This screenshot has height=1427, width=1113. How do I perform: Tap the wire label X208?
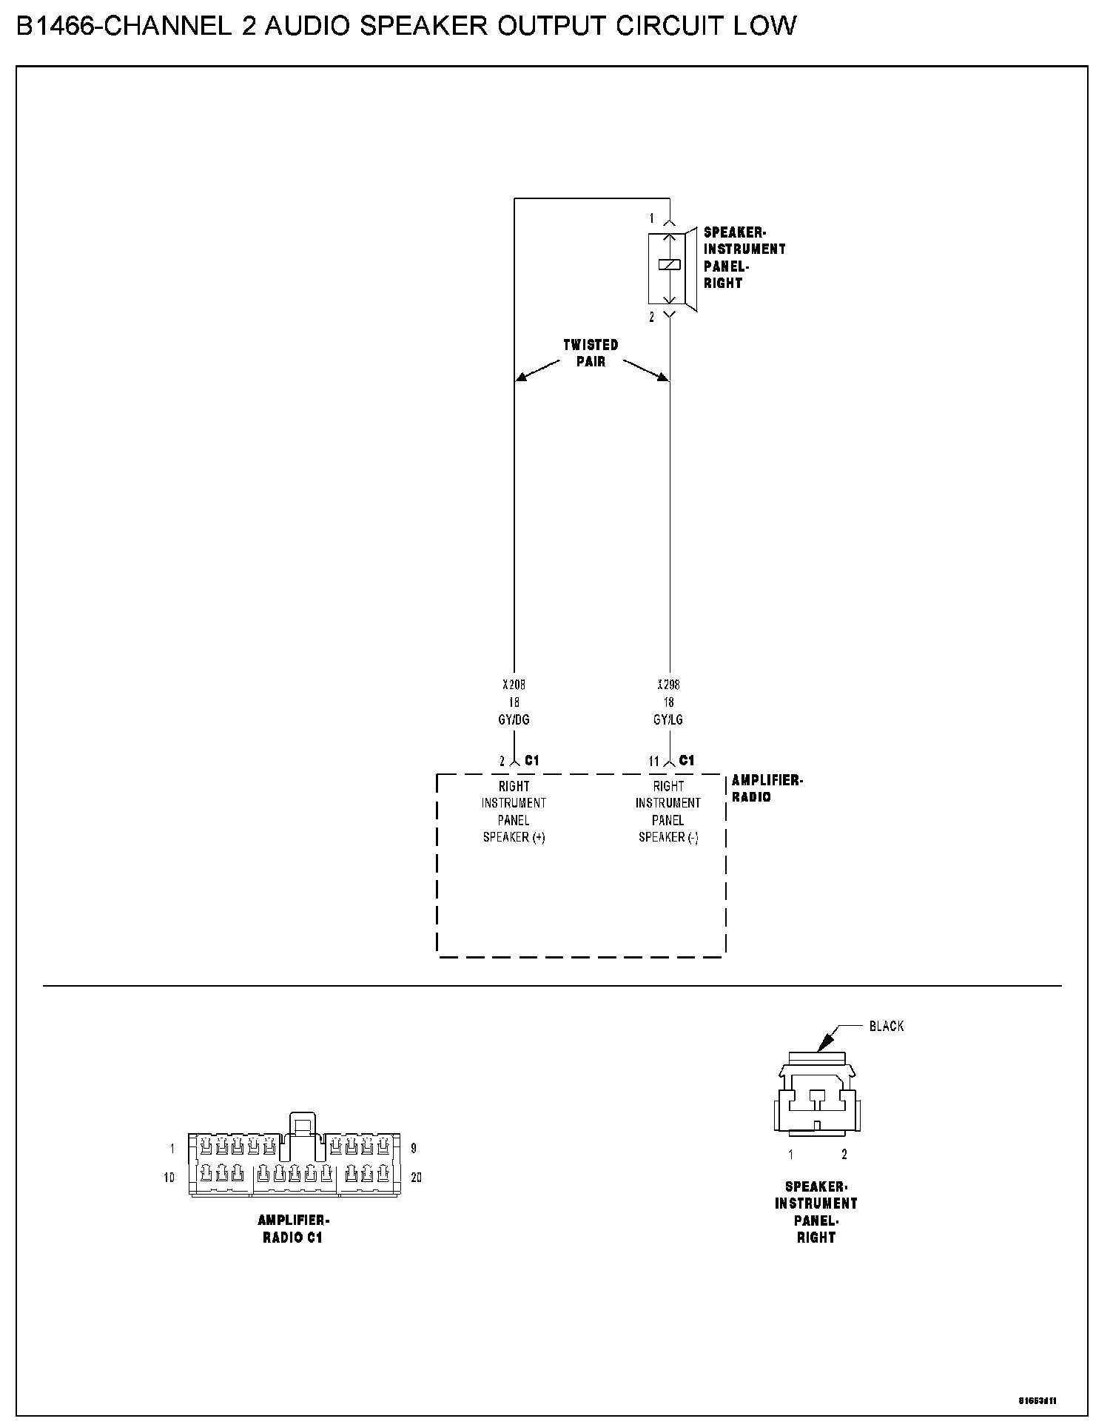(514, 685)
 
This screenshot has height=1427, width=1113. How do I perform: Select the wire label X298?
(668, 685)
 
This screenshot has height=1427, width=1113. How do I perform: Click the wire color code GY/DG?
(514, 719)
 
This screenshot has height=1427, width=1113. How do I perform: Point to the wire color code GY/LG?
(668, 719)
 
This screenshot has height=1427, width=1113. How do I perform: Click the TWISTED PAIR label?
(591, 353)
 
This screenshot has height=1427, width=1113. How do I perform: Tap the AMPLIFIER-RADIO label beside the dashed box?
(767, 788)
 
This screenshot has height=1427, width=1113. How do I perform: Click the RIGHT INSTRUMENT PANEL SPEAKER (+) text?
(514, 811)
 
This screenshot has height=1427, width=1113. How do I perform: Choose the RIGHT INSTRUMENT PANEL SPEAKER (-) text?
(668, 811)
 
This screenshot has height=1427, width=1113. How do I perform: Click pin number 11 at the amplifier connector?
(654, 761)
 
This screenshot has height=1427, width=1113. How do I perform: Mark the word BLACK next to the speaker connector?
(886, 1027)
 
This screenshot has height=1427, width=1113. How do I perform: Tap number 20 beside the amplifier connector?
(416, 1177)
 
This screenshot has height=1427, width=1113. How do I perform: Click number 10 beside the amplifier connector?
(169, 1177)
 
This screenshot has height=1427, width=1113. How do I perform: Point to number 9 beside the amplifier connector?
(414, 1149)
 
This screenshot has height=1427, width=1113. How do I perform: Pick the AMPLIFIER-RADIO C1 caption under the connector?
(293, 1229)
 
